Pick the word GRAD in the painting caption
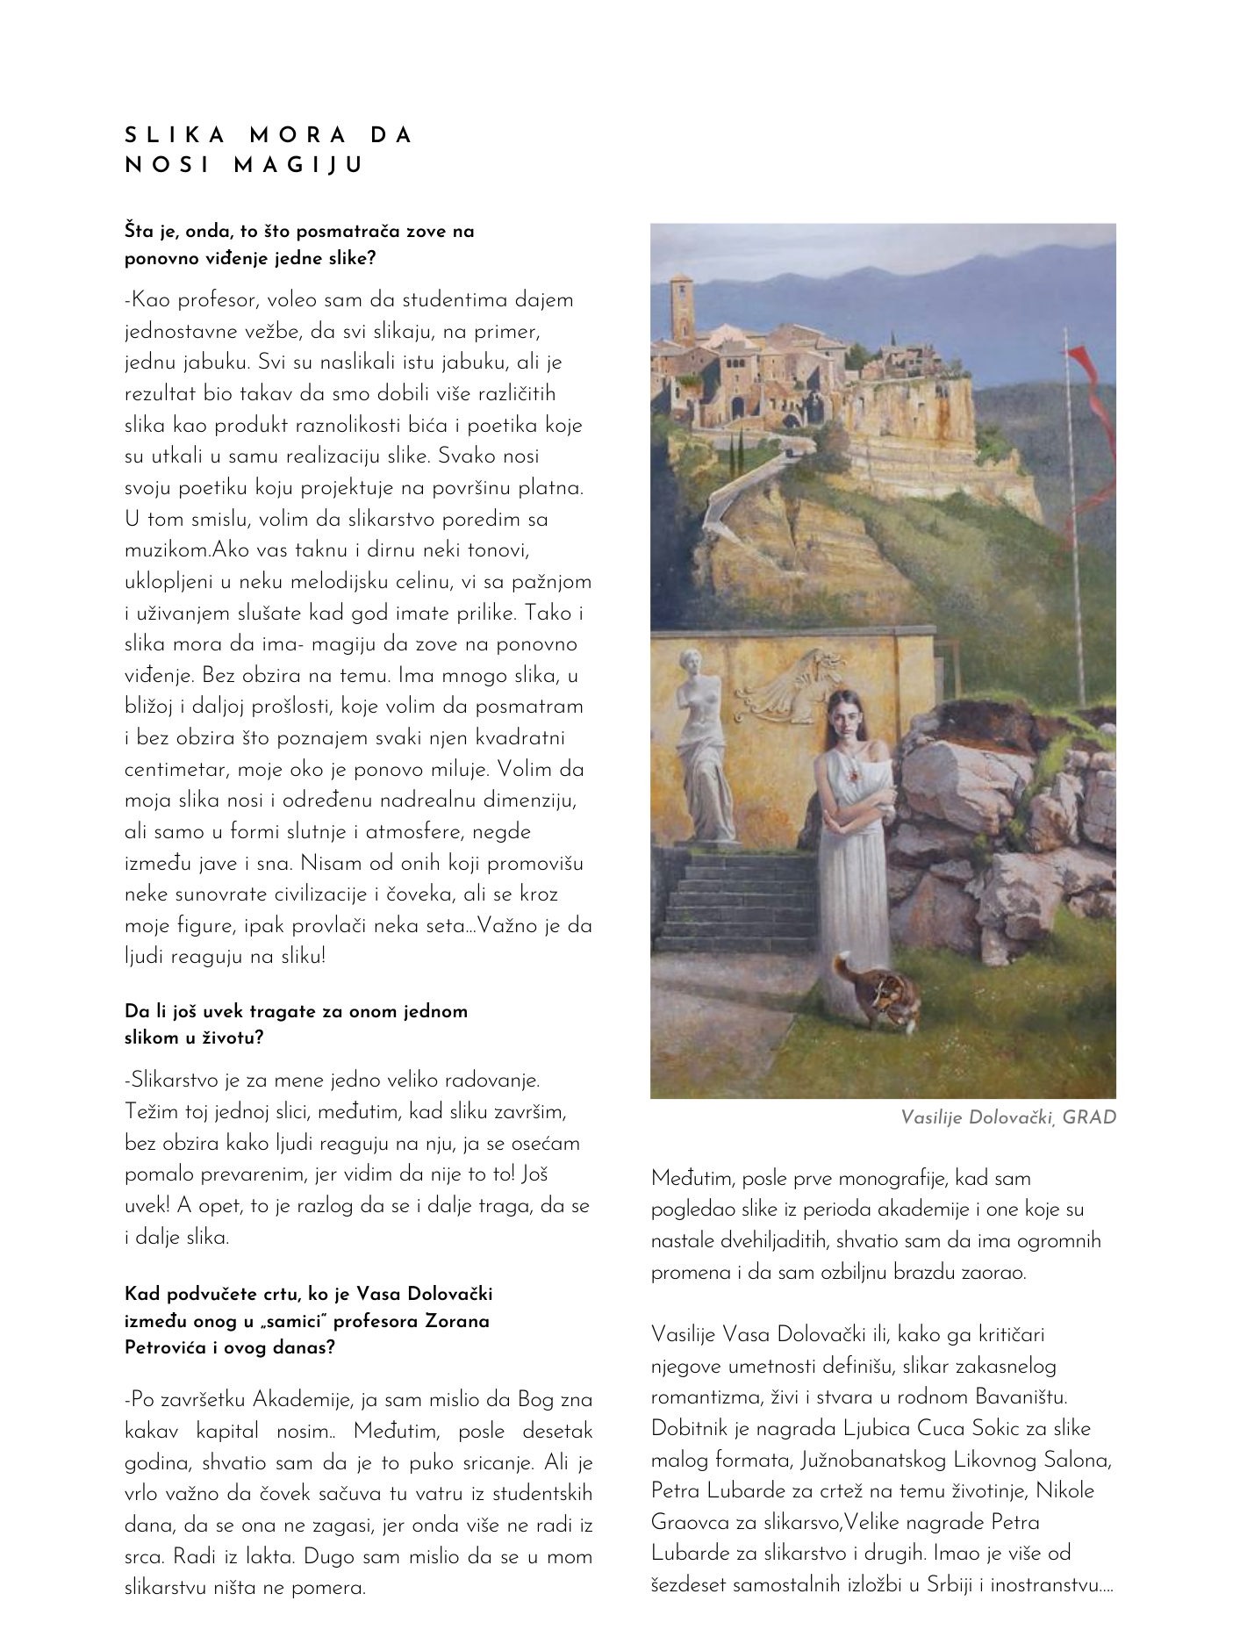point(1088,1117)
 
